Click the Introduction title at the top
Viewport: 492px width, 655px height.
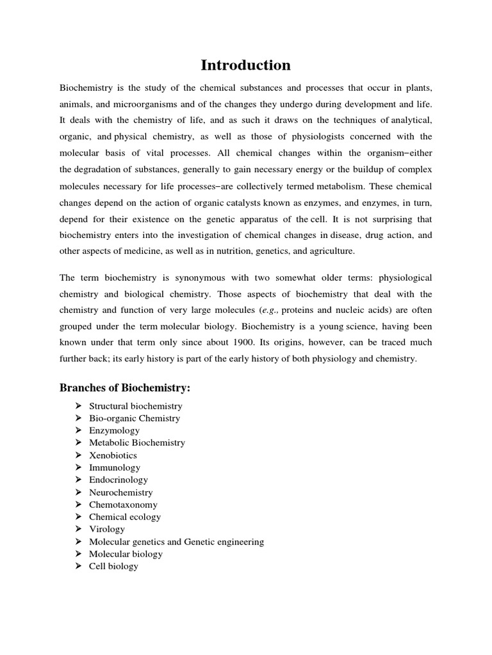(246, 65)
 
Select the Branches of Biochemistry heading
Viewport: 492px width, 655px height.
(125, 388)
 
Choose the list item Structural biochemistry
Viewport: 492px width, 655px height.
(135, 406)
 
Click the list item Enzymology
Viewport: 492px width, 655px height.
(114, 430)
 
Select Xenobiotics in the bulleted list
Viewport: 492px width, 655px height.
(113, 455)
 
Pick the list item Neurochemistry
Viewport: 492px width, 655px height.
(120, 493)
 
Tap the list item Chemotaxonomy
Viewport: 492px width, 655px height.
(123, 505)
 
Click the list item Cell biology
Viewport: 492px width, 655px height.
(113, 566)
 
